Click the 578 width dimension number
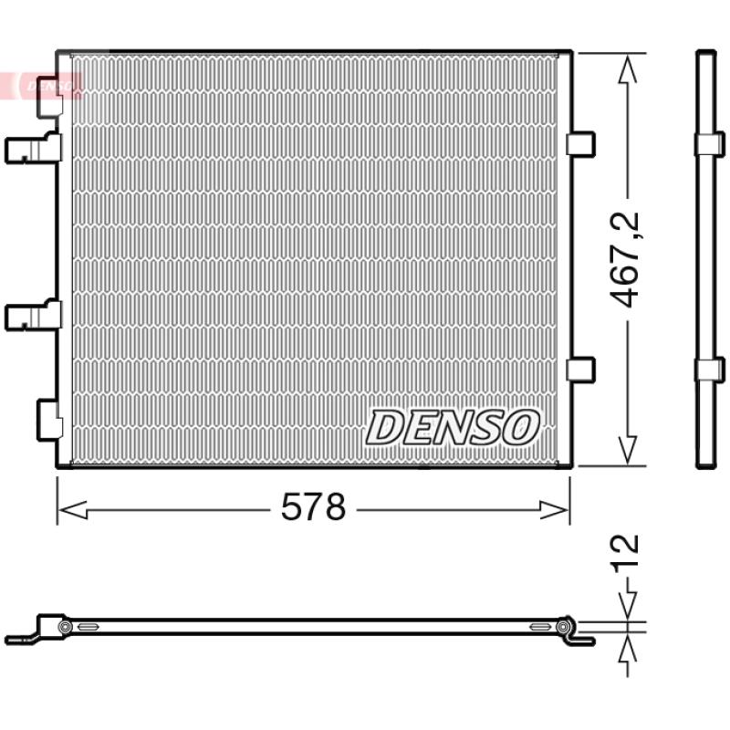313,508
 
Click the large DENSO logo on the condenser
454,426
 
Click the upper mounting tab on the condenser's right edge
580,143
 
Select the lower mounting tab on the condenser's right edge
580,369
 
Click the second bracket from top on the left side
33,148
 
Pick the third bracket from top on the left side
33,316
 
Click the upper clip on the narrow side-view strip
709,143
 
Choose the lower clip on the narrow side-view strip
709,370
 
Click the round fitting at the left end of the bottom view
65,627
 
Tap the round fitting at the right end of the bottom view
563,627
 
